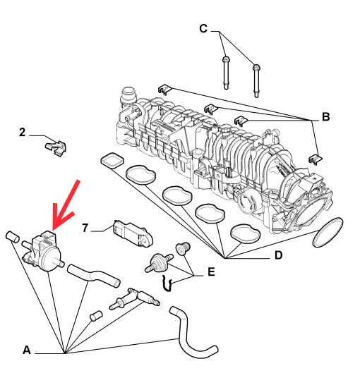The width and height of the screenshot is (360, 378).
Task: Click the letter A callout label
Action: click(27, 350)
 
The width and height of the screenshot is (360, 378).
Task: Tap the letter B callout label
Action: click(326, 117)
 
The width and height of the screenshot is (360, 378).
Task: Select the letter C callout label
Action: click(203, 29)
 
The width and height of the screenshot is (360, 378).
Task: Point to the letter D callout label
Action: click(278, 255)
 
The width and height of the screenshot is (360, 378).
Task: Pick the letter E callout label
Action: click(211, 272)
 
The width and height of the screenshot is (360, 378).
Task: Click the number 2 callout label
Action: click(22, 133)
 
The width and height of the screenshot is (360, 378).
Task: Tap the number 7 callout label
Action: click(85, 228)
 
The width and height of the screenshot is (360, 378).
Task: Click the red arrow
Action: click(66, 205)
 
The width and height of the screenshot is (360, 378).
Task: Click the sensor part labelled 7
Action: click(133, 233)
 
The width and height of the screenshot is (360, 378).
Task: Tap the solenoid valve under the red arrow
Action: click(43, 252)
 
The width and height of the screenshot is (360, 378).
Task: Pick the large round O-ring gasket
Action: click(328, 232)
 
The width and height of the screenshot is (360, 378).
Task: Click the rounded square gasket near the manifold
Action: click(112, 159)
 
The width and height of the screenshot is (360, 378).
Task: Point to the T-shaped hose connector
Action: click(135, 298)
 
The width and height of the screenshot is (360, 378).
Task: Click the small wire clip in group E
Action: click(167, 284)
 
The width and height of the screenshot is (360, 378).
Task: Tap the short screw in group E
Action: click(183, 249)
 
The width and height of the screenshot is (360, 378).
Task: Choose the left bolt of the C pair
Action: click(226, 73)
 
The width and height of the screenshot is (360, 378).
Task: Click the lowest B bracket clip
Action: click(316, 159)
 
